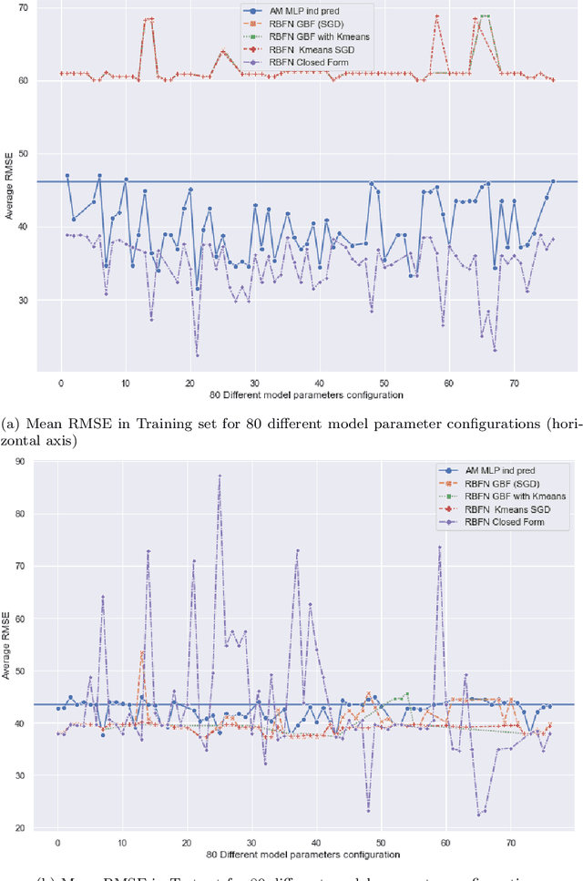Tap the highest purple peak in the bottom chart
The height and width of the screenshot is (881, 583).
coord(220,476)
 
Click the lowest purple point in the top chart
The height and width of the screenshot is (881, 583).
coord(197,355)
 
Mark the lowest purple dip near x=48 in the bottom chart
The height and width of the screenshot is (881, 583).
coord(368,810)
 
